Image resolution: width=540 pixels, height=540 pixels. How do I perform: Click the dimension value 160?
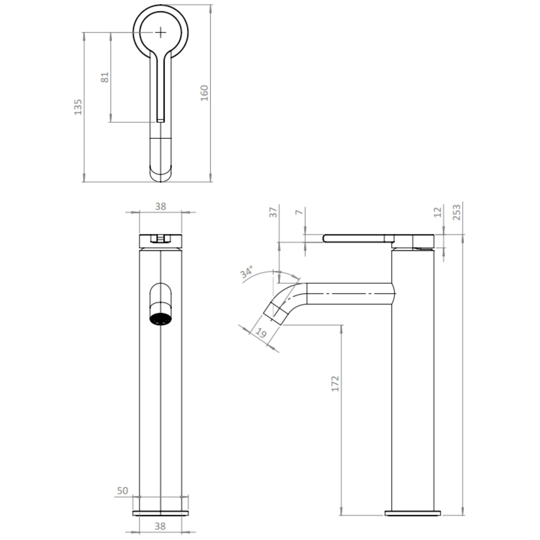click(x=205, y=93)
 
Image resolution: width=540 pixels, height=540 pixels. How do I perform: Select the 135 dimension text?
click(x=78, y=107)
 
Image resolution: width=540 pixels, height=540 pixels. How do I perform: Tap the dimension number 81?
click(x=104, y=77)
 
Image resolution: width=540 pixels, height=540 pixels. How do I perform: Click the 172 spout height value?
click(x=335, y=383)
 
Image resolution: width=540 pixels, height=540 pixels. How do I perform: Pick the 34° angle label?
click(x=247, y=272)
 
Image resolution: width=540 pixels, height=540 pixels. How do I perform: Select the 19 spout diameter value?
click(x=261, y=333)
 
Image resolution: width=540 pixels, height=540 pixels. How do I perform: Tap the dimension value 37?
click(x=273, y=212)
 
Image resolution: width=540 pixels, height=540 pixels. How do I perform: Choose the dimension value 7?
click(x=299, y=212)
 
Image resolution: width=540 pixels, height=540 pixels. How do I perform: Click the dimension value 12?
click(x=438, y=212)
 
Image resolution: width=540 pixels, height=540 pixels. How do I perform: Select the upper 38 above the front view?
click(x=161, y=207)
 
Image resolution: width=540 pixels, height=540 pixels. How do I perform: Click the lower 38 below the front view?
click(x=160, y=526)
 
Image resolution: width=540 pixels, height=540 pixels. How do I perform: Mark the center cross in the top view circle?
click(x=160, y=33)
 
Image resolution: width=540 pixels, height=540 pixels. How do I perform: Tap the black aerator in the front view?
click(x=160, y=319)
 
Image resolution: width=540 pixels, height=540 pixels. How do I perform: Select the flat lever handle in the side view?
click(x=355, y=238)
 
